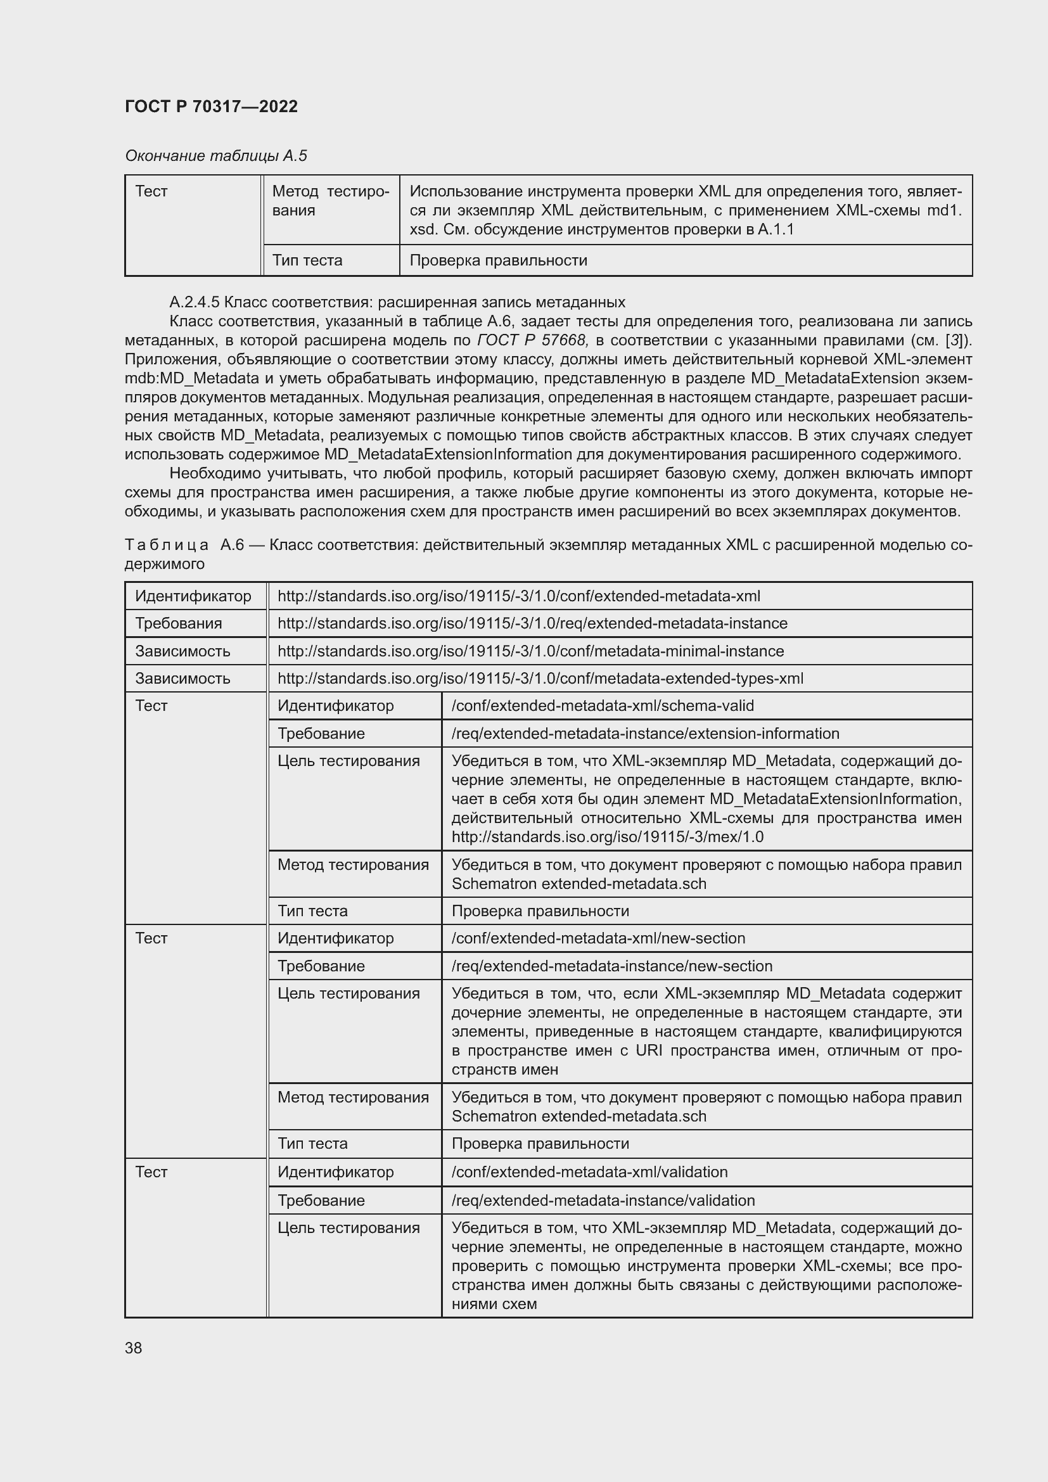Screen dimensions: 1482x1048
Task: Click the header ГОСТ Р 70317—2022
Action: (211, 106)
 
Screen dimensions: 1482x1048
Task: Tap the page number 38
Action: (134, 1348)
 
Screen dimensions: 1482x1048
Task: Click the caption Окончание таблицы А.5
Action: (215, 156)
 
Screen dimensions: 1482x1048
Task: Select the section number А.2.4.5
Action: (195, 302)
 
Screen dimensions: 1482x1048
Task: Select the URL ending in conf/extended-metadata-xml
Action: (519, 596)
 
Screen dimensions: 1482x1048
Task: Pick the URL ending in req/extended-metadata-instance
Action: (532, 623)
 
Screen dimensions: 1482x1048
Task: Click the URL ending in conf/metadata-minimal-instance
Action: (530, 651)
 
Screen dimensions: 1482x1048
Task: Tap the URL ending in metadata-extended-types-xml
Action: (540, 679)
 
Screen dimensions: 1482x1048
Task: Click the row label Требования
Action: (178, 623)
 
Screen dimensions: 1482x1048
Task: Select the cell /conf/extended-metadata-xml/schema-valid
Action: (602, 705)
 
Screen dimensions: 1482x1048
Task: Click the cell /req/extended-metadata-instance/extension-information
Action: (644, 733)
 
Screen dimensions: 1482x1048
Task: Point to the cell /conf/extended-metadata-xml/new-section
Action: (598, 938)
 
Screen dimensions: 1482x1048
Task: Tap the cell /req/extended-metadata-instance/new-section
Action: (612, 966)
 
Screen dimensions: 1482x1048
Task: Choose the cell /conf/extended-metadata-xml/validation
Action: (589, 1172)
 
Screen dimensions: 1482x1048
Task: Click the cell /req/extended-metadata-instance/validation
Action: (603, 1200)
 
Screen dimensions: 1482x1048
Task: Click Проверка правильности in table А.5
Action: (498, 260)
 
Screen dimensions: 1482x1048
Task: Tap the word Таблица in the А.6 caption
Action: (167, 545)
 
